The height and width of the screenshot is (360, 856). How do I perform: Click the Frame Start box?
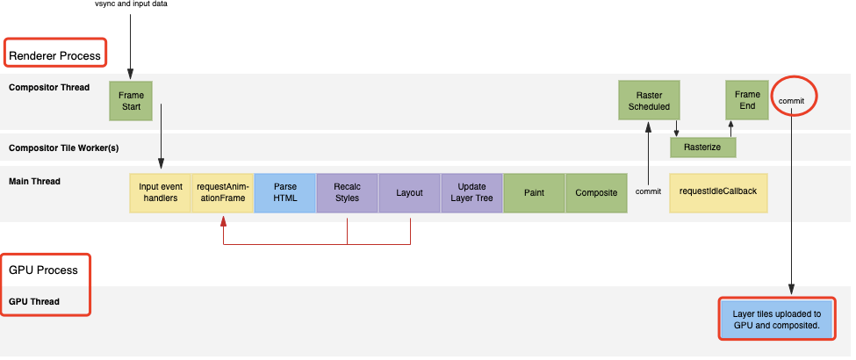[131, 100]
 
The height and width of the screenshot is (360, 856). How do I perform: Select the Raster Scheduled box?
[649, 100]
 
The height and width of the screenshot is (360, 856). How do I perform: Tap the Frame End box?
[747, 100]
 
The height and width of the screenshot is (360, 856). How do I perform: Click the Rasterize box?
[703, 148]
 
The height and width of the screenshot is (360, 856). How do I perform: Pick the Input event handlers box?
[161, 193]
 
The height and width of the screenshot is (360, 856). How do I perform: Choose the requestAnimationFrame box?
[223, 193]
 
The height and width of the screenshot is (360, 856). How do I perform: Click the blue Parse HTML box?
[285, 193]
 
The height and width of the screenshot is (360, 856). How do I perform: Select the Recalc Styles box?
[347, 193]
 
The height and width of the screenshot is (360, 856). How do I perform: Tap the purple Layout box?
[409, 193]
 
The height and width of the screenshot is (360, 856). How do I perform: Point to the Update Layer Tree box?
[471, 193]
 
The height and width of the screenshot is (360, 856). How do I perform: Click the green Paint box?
[534, 193]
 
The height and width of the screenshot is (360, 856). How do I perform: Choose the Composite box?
[596, 193]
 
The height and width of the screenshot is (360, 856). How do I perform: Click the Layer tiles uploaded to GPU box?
[777, 319]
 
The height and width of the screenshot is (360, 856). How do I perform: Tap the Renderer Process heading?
[54, 55]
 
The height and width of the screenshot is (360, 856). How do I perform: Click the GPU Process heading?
[43, 270]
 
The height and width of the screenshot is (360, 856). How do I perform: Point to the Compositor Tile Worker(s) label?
[64, 148]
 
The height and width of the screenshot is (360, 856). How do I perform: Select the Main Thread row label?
[34, 182]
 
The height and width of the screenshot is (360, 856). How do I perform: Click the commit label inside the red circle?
[791, 100]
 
